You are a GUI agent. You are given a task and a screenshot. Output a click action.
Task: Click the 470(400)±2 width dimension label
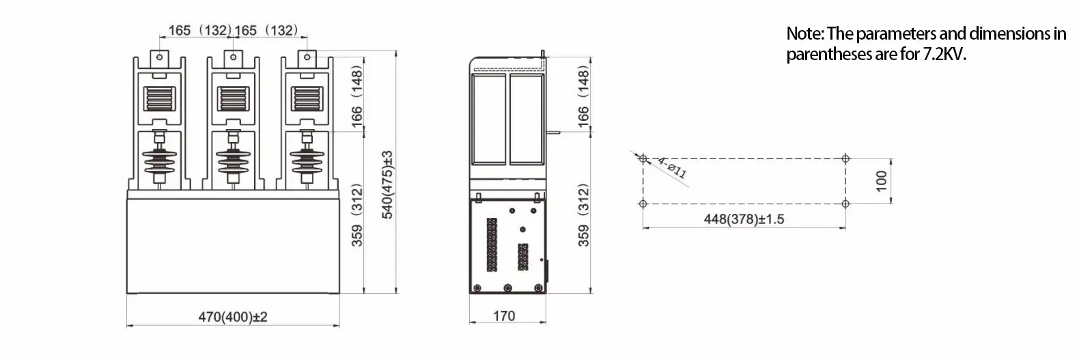point(232,318)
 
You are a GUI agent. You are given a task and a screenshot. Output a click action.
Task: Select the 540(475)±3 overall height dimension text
point(387,184)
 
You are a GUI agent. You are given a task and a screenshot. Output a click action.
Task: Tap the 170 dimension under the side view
point(504,316)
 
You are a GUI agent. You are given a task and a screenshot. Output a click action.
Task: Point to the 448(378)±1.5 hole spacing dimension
point(744,219)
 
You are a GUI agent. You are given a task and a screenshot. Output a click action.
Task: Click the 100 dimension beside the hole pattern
point(881,180)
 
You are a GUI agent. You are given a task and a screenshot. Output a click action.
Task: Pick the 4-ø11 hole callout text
point(671,167)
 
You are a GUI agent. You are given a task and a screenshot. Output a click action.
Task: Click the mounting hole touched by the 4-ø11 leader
point(643,158)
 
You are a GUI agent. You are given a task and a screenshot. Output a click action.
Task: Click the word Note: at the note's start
point(805,33)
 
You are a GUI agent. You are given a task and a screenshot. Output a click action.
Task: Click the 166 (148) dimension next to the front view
point(356,95)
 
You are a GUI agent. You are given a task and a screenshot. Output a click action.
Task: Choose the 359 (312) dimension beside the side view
point(583,215)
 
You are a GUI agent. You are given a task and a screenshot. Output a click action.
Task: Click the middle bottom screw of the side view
point(507,288)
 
